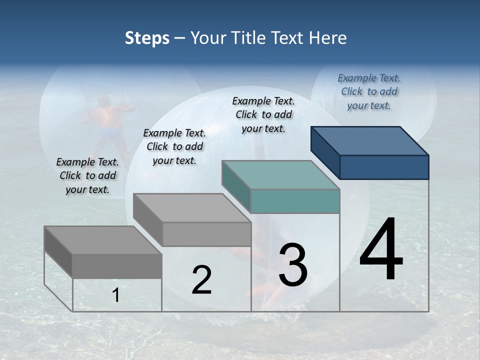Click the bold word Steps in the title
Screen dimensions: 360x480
[147, 38]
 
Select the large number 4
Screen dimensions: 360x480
[381, 250]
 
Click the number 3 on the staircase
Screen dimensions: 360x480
[293, 265]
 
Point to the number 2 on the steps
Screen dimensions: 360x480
[201, 280]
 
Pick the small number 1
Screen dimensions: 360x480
[116, 295]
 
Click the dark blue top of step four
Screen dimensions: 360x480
[370, 140]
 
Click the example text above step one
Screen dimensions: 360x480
[87, 175]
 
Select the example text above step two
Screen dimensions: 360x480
[174, 146]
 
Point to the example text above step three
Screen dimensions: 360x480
[263, 114]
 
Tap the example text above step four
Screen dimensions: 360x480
[369, 91]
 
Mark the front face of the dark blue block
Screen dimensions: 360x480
[384, 167]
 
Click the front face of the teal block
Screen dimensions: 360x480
[295, 201]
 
